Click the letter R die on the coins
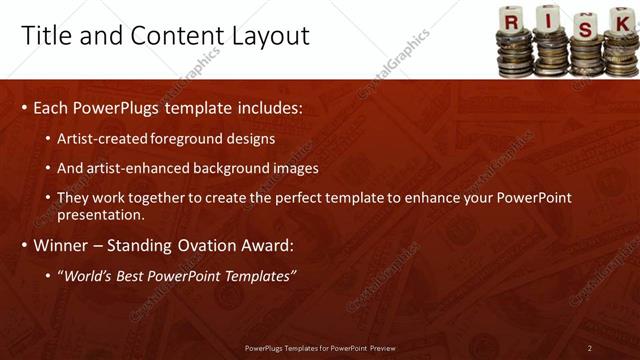point(511,19)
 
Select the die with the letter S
point(585,26)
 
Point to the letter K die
point(620,19)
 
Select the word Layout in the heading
point(272,36)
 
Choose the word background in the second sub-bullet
point(246,168)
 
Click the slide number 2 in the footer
point(590,348)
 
